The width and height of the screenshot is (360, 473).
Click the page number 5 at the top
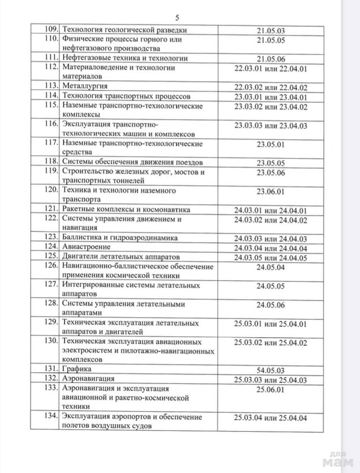tap(177, 18)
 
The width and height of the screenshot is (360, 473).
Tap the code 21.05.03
tap(271, 31)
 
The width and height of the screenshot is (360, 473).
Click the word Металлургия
tap(85, 86)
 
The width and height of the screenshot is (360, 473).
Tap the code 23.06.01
tap(271, 191)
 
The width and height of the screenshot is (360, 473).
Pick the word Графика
tap(77, 369)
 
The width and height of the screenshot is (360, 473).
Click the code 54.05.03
tap(271, 371)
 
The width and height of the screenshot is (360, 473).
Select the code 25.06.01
tap(271, 389)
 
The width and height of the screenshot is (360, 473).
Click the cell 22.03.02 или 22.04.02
tap(271, 87)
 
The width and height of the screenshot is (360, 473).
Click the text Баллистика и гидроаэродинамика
tap(120, 237)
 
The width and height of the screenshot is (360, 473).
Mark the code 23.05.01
tap(271, 144)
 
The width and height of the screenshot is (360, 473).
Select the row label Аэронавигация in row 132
tap(88, 378)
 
